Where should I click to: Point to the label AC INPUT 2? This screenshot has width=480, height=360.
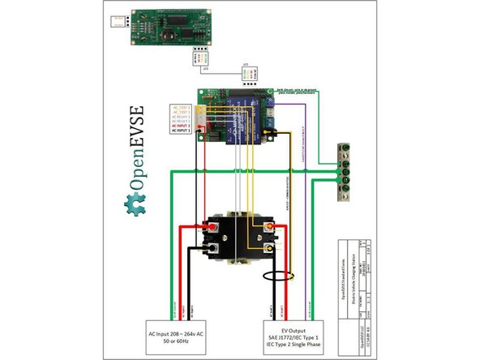point(181,126)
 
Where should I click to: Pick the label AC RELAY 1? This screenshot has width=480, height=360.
point(181,121)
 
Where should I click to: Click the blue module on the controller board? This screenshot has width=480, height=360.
point(242,108)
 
